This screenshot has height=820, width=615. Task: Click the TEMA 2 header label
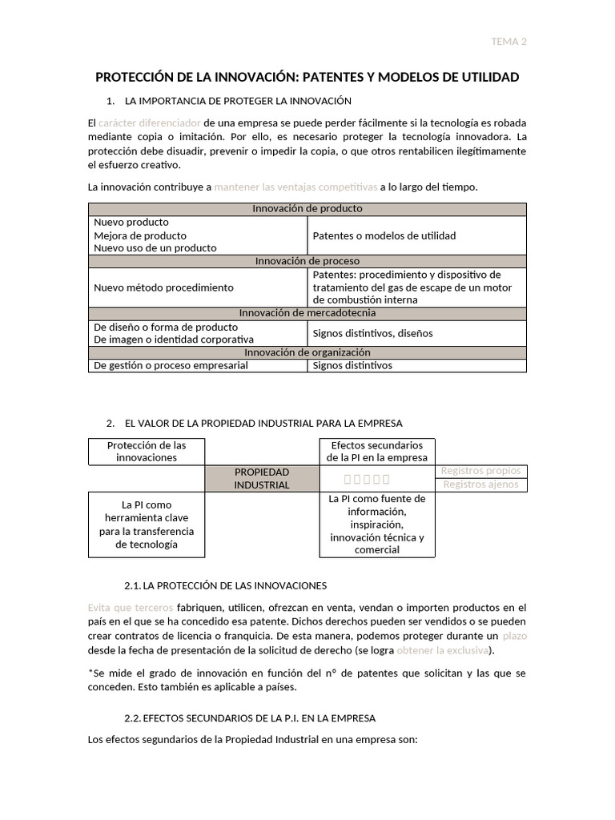click(x=508, y=42)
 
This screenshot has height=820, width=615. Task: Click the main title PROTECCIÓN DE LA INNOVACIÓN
click(x=307, y=77)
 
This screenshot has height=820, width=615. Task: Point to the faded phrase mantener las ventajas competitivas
click(x=295, y=187)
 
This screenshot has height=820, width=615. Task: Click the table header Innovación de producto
click(x=307, y=208)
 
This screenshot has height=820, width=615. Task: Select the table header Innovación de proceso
click(x=307, y=261)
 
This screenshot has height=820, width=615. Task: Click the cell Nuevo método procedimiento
click(x=163, y=287)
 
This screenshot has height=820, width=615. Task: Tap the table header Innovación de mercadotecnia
click(x=307, y=313)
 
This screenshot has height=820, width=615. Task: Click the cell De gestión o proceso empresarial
click(x=171, y=365)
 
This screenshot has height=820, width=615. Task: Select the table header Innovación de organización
click(x=307, y=352)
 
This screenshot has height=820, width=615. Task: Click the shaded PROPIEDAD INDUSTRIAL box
click(x=261, y=478)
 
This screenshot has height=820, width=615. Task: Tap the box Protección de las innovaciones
click(x=146, y=451)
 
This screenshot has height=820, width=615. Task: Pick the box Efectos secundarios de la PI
click(x=376, y=451)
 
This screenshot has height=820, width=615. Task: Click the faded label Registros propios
click(x=480, y=471)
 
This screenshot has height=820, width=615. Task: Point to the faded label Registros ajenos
click(x=480, y=484)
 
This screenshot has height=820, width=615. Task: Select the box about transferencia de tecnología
click(x=146, y=525)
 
